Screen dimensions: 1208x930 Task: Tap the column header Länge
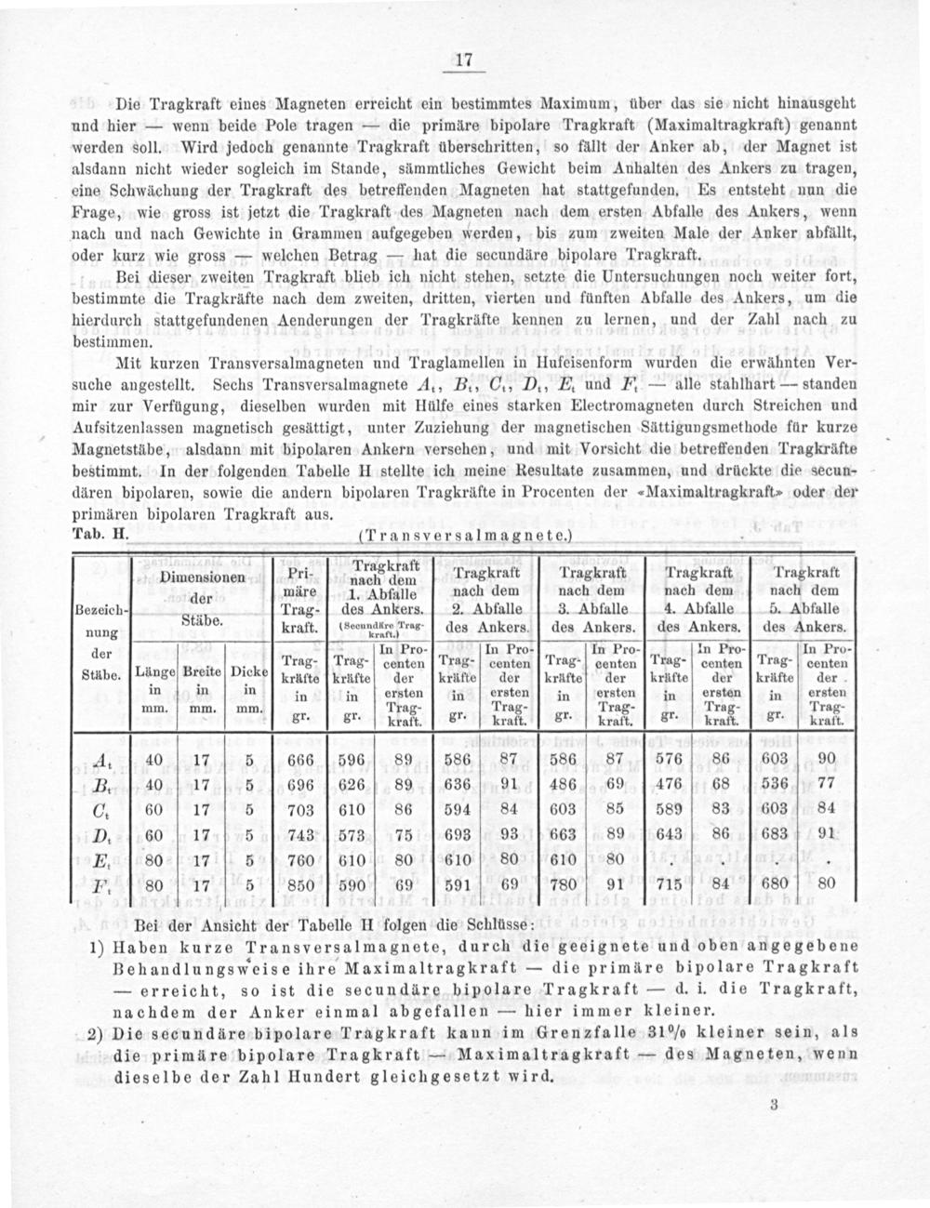[x=151, y=670]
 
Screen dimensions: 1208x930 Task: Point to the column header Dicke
[x=248, y=670]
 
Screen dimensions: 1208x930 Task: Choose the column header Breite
[x=201, y=670]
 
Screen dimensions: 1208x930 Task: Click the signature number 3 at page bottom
[x=774, y=1107]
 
